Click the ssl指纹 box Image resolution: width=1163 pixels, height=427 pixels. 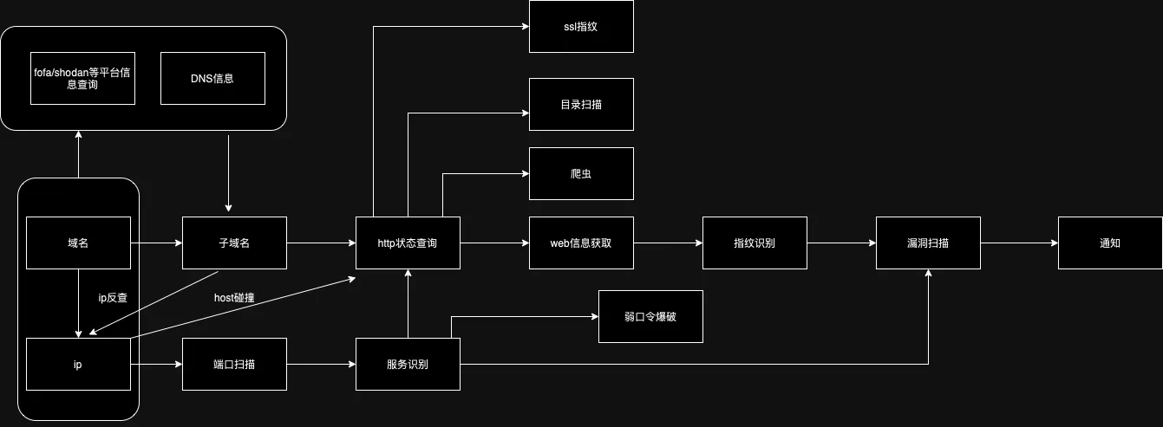point(581,27)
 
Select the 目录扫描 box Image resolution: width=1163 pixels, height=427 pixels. point(581,105)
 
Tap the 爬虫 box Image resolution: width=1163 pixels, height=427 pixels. point(581,173)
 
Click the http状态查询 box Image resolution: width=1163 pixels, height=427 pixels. point(408,243)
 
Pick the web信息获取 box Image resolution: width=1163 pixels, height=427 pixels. point(581,243)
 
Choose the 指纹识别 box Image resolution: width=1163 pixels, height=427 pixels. point(755,243)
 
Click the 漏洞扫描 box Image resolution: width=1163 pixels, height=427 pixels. point(928,243)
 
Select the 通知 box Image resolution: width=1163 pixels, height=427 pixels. point(1110,243)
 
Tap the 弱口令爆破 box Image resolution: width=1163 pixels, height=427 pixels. point(650,316)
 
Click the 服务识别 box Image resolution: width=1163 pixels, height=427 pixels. point(408,364)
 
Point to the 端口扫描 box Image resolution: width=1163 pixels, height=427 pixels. point(234,364)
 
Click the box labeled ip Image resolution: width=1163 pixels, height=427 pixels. point(78,364)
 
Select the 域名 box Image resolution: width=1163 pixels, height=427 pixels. point(78,243)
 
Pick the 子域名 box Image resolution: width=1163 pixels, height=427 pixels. point(234,243)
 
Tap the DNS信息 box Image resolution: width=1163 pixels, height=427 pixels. point(212,78)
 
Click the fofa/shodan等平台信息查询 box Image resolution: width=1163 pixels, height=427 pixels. point(82,78)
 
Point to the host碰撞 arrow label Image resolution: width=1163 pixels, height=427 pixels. point(234,298)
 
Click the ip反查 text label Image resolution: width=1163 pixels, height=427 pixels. point(113,298)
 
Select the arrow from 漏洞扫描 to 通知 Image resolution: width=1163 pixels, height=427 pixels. point(1019,243)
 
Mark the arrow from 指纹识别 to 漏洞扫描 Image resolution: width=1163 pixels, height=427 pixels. point(841,243)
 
